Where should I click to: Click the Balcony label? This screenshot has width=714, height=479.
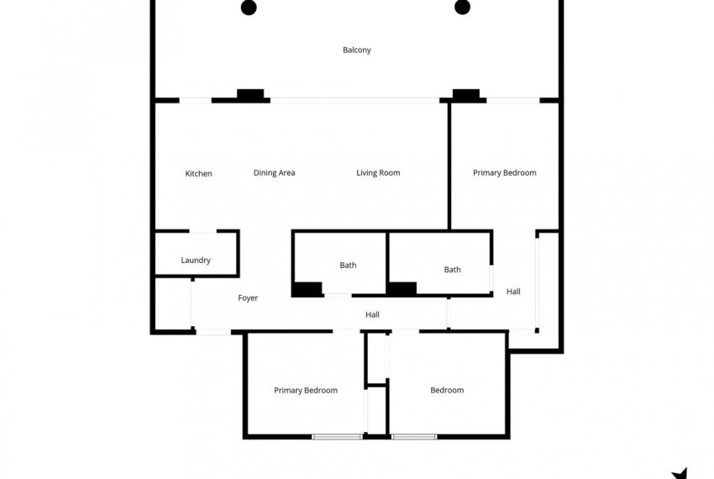point(356,50)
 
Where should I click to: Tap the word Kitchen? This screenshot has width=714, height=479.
point(198,174)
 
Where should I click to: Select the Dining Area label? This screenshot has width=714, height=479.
point(274,173)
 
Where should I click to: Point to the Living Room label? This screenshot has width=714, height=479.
point(378,173)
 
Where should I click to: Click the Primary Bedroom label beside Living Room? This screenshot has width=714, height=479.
point(504,173)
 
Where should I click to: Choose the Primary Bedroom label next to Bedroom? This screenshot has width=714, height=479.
point(306,390)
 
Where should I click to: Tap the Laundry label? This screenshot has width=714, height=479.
point(196,261)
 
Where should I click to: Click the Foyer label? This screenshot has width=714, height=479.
point(248,298)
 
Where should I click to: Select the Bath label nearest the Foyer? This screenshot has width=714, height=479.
point(348,266)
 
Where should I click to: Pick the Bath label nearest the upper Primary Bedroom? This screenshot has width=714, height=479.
point(452,270)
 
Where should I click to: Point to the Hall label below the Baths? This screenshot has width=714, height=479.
point(373,315)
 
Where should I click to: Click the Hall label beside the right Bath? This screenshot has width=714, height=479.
point(513,292)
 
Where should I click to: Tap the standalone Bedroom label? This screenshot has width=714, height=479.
point(447,390)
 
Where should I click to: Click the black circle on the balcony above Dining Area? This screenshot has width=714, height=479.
point(249,8)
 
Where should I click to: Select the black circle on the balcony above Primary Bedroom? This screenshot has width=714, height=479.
point(462,8)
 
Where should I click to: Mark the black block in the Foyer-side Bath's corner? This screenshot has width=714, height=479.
point(307,289)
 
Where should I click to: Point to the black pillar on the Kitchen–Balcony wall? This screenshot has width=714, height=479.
point(249,95)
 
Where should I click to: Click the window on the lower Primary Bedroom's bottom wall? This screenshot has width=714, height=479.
point(337,436)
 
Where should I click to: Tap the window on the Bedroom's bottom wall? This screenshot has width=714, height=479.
point(414,436)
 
